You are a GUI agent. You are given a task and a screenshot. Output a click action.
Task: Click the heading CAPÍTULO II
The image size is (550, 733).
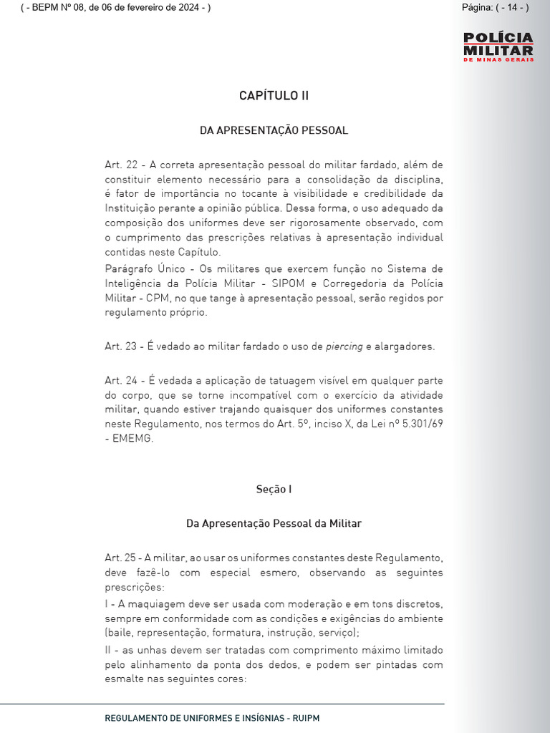tap(274, 96)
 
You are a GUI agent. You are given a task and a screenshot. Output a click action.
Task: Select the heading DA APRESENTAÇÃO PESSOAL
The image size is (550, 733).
tap(274, 130)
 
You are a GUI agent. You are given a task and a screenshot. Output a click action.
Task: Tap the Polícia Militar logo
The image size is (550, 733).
tap(498, 47)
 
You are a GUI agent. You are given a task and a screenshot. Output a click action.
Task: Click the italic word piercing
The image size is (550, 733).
tap(344, 346)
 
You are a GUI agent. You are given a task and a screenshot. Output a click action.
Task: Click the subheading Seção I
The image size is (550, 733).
tap(274, 490)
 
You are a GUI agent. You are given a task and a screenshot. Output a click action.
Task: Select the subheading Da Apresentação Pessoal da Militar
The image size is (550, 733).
tap(274, 524)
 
